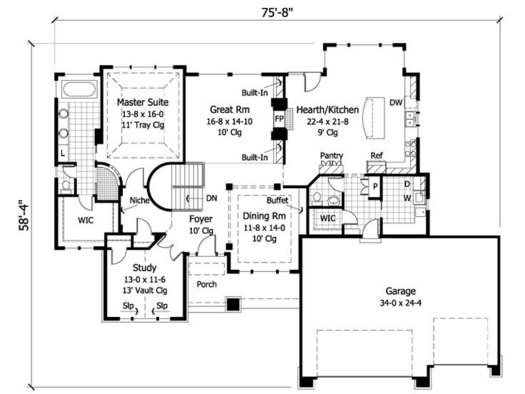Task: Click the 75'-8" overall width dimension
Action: [x=277, y=13]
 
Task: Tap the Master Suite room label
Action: [x=143, y=102]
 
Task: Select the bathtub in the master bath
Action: [x=79, y=90]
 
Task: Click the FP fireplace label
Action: [x=279, y=119]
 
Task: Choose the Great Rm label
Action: [x=230, y=110]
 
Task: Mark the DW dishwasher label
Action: [x=396, y=103]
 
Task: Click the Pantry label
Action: [x=331, y=156]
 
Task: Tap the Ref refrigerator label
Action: [x=376, y=156]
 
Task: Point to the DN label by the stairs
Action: [x=212, y=198]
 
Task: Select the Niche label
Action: [x=139, y=200]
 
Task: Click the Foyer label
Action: [x=201, y=219]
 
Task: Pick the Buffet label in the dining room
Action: [x=278, y=200]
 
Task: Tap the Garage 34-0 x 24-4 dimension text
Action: [x=401, y=303]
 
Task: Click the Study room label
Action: [x=144, y=268]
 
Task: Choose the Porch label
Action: [x=207, y=284]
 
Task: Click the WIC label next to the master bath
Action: [x=86, y=220]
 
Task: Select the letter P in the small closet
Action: [x=375, y=186]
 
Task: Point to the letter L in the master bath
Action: [x=63, y=153]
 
